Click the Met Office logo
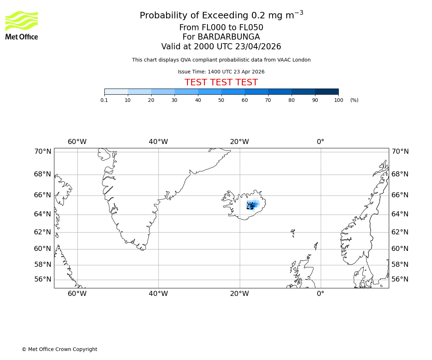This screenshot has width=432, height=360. (x=22, y=25)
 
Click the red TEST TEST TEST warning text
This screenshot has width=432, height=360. (x=221, y=82)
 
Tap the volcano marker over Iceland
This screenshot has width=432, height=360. (x=250, y=206)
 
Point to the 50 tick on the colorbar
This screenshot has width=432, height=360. (x=221, y=94)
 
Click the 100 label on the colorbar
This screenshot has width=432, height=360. (x=338, y=100)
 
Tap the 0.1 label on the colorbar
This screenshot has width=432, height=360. (x=104, y=100)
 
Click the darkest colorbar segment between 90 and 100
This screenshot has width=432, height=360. (x=327, y=91)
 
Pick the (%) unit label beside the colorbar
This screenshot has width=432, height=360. (x=354, y=100)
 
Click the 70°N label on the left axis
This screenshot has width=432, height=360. (x=43, y=152)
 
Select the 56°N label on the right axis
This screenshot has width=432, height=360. (x=400, y=279)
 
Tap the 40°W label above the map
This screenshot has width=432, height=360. (x=158, y=142)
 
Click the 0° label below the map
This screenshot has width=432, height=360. (x=320, y=294)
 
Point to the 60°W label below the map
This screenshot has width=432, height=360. (x=77, y=294)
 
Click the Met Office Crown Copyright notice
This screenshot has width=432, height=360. (x=59, y=349)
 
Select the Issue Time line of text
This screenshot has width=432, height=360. (x=221, y=72)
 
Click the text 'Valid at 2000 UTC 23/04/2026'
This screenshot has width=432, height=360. (x=221, y=46)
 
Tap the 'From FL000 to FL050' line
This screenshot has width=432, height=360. (x=221, y=28)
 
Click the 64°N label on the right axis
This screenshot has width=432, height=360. (x=400, y=214)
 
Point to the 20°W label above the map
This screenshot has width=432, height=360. (x=239, y=142)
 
